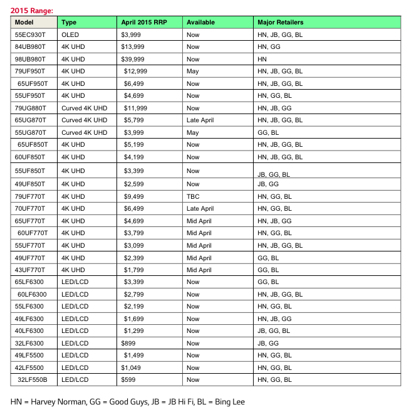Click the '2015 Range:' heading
pyautogui.click(x=32, y=11)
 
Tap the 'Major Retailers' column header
pyautogui.click(x=280, y=23)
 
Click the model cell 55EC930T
pyautogui.click(x=31, y=34)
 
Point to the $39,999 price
pyautogui.click(x=135, y=59)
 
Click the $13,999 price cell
pyautogui.click(x=135, y=47)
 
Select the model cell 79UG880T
pyautogui.click(x=31, y=108)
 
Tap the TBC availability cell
pyautogui.click(x=193, y=196)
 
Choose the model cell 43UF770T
pyautogui.click(x=31, y=270)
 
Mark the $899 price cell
pyautogui.click(x=129, y=343)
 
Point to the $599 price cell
pyautogui.click(x=129, y=379)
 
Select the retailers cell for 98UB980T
pyautogui.click(x=262, y=59)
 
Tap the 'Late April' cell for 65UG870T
pyautogui.click(x=200, y=120)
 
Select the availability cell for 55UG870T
pyautogui.click(x=192, y=132)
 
